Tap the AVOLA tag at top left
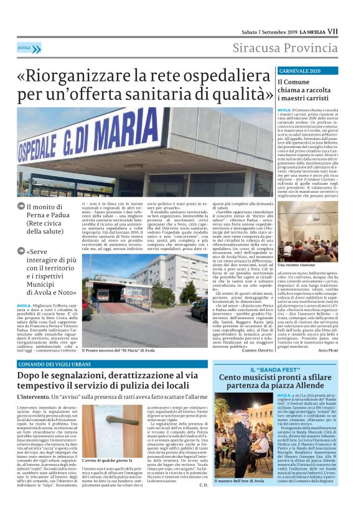point(24,47)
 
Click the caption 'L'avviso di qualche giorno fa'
point(106,460)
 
